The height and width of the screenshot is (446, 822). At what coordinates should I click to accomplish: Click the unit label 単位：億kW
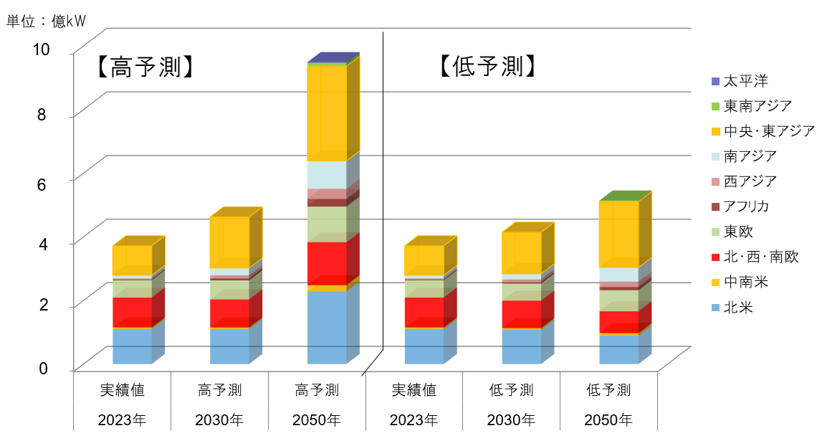pos(46,21)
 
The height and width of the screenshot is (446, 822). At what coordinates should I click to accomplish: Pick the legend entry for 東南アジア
pos(757,106)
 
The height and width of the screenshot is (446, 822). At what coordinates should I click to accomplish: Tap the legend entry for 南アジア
pos(750,156)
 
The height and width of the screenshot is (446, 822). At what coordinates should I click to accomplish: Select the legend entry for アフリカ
pos(746,207)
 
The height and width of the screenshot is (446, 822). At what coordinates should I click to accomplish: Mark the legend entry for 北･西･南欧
pos(760,257)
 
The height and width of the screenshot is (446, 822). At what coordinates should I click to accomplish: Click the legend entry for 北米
pos(737,308)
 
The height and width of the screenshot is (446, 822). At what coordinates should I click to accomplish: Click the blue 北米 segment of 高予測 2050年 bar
pos(327,327)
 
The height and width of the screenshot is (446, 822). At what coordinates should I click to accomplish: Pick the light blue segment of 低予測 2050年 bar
pos(618,275)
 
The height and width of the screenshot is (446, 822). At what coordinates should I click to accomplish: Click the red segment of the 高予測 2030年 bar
pos(229,313)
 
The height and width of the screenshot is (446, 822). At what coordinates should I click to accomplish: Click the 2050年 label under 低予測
pos(608,419)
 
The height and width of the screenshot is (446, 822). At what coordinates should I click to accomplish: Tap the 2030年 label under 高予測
pos(219,419)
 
